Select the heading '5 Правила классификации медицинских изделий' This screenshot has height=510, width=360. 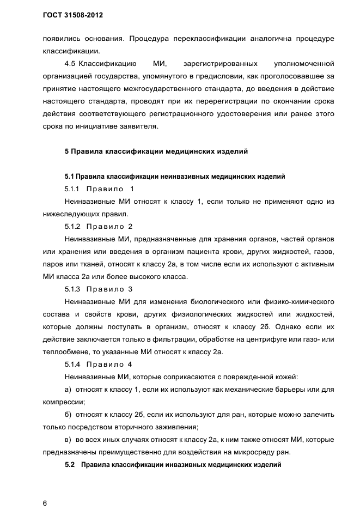point(156,151)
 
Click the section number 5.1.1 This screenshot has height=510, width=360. point(72,189)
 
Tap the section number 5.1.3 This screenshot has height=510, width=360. point(72,289)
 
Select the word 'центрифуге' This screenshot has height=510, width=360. point(278,339)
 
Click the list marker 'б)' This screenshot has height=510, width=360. point(68,414)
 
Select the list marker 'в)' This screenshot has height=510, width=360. point(68,439)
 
